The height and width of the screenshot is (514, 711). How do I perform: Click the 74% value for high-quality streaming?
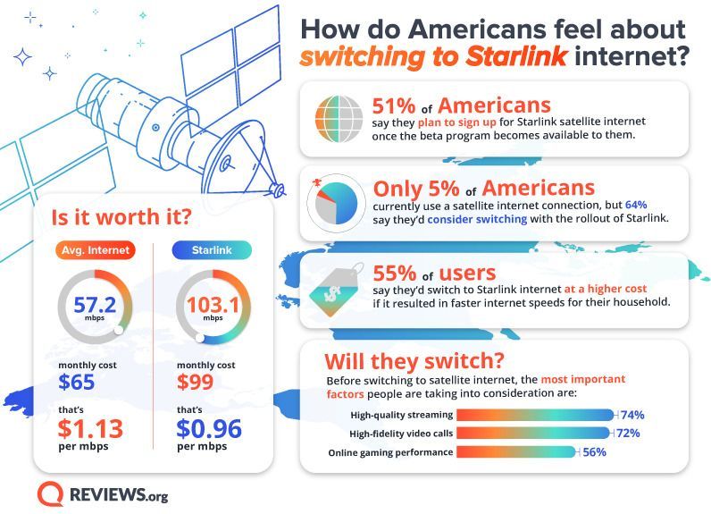pyautogui.click(x=632, y=415)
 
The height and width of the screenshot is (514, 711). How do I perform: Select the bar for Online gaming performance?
pyautogui.click(x=516, y=452)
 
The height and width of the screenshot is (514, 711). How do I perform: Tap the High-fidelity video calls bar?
pyautogui.click(x=532, y=434)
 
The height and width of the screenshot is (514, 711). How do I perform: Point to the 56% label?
pyautogui.click(x=595, y=452)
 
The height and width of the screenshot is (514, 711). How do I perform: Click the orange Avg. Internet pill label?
pyautogui.click(x=95, y=249)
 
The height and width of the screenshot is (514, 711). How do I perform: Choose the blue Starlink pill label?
pyautogui.click(x=212, y=249)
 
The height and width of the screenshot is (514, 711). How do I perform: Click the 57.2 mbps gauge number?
pyautogui.click(x=94, y=305)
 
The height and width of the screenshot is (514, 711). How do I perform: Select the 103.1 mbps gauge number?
pyautogui.click(x=212, y=305)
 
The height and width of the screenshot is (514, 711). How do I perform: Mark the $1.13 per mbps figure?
pyautogui.click(x=91, y=428)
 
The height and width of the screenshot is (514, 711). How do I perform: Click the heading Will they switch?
pyautogui.click(x=414, y=362)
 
